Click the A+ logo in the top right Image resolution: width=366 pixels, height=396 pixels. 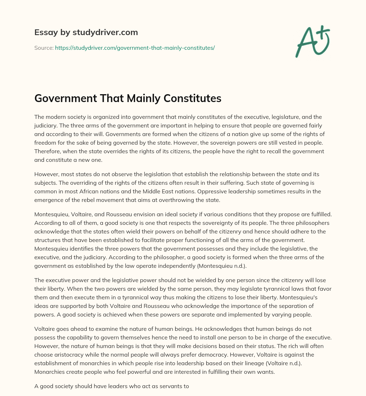[312, 42]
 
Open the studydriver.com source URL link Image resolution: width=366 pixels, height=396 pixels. [135, 48]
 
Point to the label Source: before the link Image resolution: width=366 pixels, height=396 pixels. [44, 48]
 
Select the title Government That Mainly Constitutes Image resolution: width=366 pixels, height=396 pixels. [128, 98]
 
